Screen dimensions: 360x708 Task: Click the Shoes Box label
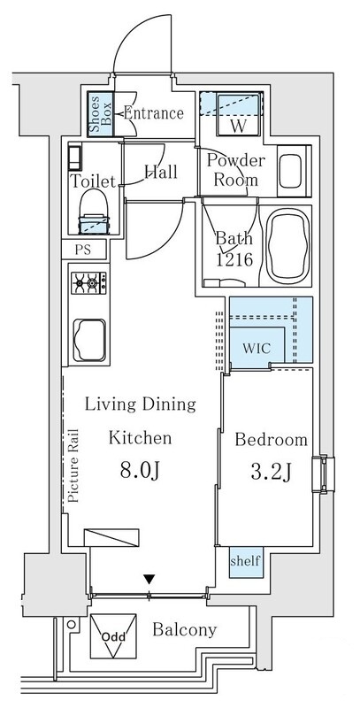(100, 115)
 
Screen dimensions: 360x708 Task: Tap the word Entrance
(153, 113)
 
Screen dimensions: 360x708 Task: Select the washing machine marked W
(239, 113)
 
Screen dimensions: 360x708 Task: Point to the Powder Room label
(236, 170)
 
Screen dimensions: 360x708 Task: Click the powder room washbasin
(290, 171)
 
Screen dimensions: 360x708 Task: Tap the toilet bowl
(95, 211)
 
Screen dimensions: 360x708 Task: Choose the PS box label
(83, 250)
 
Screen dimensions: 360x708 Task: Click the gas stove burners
(88, 283)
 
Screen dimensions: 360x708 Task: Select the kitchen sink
(89, 341)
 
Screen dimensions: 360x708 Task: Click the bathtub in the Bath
(288, 246)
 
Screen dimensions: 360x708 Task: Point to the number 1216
(234, 260)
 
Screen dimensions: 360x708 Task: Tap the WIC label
(257, 349)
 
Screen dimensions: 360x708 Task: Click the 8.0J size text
(140, 470)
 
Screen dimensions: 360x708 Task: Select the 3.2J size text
(271, 473)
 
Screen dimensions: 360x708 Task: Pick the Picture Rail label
(74, 466)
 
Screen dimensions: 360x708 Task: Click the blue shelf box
(246, 562)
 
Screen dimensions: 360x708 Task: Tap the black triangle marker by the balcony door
(149, 579)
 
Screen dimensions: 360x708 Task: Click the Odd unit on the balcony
(113, 635)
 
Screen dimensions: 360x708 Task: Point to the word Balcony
(185, 629)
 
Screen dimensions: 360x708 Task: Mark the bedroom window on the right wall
(324, 473)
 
